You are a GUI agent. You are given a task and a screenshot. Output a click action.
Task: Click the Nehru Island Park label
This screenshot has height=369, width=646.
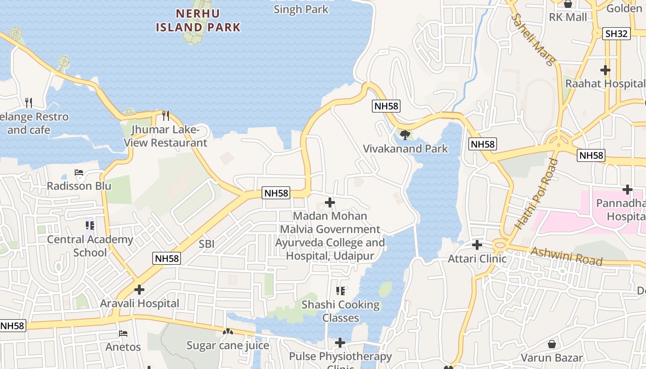point(198,20)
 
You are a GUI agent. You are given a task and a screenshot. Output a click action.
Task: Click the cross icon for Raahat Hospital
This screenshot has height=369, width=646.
point(605,70)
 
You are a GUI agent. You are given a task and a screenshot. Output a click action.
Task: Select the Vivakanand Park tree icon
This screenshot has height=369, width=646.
point(405,135)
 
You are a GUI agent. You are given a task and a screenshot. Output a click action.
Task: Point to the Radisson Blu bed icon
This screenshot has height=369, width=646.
point(79,173)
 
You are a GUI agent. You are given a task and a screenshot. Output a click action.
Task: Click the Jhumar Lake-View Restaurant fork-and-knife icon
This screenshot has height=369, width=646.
point(166,115)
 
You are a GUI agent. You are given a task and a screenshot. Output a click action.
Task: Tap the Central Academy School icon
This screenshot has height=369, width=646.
point(90,226)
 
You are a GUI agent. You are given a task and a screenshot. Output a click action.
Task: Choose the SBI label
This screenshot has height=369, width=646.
point(207,244)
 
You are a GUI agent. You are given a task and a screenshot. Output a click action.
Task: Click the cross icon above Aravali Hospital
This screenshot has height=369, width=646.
point(139,290)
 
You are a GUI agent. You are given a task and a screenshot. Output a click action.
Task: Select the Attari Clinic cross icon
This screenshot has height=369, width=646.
point(477,245)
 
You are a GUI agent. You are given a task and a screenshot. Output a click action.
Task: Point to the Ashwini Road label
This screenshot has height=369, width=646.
point(567,256)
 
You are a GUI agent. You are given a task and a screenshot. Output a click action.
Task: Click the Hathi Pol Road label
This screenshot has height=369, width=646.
point(536,194)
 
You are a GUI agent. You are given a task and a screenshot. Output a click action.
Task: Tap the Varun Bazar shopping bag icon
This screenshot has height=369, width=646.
point(552,344)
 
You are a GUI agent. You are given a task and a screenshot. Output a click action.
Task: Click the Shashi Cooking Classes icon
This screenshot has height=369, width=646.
point(341,291)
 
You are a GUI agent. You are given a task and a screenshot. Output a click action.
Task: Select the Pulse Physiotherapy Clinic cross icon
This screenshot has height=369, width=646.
point(340,342)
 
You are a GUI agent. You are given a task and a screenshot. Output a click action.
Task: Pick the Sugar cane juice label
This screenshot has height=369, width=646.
point(227,345)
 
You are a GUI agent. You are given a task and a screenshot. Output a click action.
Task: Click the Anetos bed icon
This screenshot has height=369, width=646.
point(123,333)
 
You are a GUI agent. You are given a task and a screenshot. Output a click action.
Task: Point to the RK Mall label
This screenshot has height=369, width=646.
point(568,17)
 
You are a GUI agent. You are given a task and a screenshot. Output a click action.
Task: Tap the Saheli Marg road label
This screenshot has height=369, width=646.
point(533,40)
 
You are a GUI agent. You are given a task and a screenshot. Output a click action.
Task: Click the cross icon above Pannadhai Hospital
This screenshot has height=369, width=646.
point(627,189)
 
